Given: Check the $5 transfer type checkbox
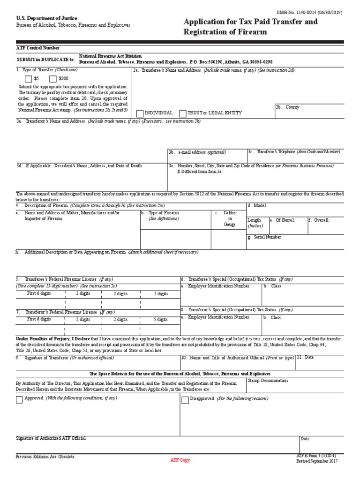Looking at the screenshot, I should [x=29, y=79].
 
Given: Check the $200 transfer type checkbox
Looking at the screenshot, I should [x=52, y=79].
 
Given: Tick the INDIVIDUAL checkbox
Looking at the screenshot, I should [x=140, y=113].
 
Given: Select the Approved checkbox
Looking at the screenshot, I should [x=19, y=400].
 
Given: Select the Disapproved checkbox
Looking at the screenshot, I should [x=185, y=400].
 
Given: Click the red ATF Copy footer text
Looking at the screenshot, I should [x=180, y=460].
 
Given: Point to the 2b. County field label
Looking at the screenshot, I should [x=287, y=107].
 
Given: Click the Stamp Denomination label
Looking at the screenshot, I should [x=268, y=381].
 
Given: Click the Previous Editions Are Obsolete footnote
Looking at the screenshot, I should [x=45, y=456].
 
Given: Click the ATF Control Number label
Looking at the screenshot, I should [x=37, y=48].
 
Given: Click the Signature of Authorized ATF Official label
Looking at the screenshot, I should [x=51, y=438].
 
